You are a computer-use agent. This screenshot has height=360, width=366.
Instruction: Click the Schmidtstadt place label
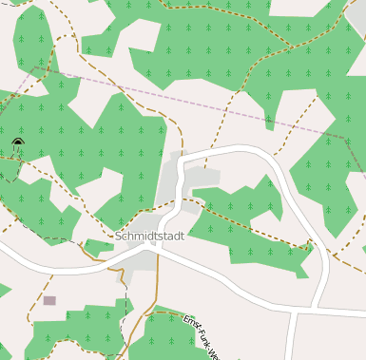pyautogui.click(x=148, y=236)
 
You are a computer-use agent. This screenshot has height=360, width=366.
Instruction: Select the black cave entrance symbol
pyautogui.click(x=17, y=143)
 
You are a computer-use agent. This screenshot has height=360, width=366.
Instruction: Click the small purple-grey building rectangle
pyautogui.click(x=48, y=300)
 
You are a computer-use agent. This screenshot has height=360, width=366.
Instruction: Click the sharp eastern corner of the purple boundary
pyautogui.click(x=344, y=138)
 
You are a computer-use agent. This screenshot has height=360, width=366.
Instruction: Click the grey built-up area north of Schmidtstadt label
pyautogui.click(x=171, y=180)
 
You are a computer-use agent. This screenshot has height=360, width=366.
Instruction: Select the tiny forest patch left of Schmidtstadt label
pyautogui.click(x=97, y=247)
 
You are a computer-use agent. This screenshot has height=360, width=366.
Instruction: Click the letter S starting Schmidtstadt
pyautogui.click(x=118, y=236)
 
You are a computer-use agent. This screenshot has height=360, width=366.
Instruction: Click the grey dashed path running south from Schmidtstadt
pyautogui.click(x=125, y=304)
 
